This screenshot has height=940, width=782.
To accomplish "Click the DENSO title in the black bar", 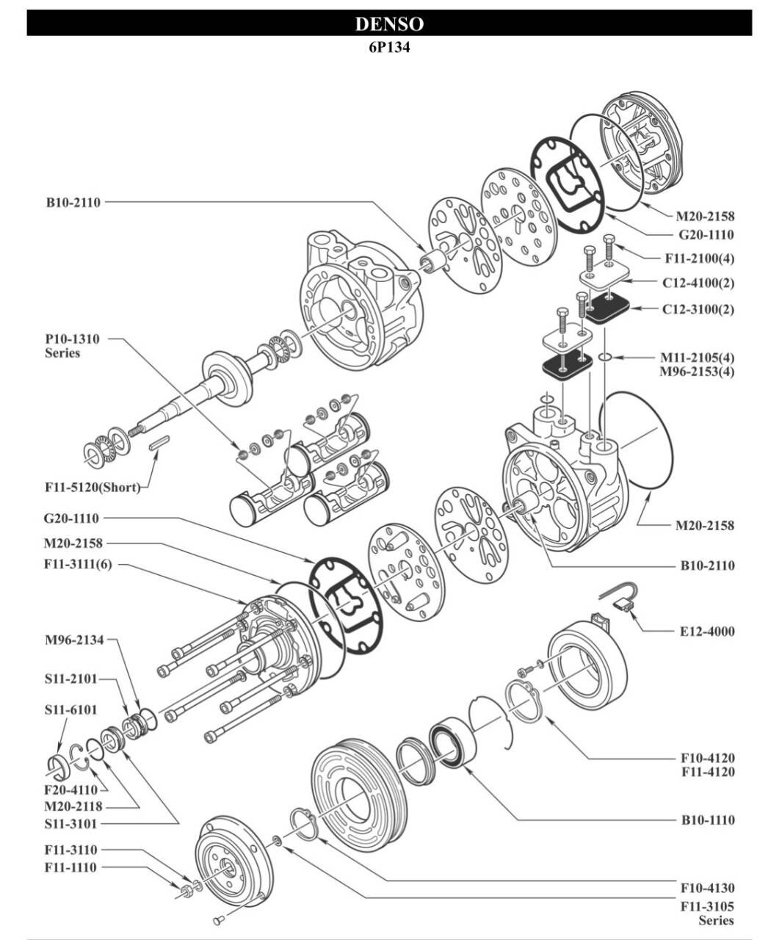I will (389, 23).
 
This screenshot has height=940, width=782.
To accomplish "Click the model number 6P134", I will (389, 47).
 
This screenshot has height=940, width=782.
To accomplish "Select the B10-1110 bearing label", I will (707, 820).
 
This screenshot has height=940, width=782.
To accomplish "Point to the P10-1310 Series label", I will (72, 346).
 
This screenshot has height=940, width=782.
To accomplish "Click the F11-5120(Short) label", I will (92, 487).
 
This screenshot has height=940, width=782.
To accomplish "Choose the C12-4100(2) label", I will (698, 282).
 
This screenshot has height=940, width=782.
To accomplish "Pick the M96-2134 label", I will (73, 640).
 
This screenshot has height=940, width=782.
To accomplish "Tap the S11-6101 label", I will (70, 709).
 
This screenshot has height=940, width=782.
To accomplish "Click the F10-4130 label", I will (707, 888).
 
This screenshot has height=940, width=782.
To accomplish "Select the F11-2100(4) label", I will (699, 258).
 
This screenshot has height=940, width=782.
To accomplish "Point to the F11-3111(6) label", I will (78, 565).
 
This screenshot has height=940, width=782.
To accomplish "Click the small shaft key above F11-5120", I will (159, 444).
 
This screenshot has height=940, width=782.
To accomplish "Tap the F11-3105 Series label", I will (706, 913).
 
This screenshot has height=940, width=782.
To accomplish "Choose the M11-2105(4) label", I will (697, 357).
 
